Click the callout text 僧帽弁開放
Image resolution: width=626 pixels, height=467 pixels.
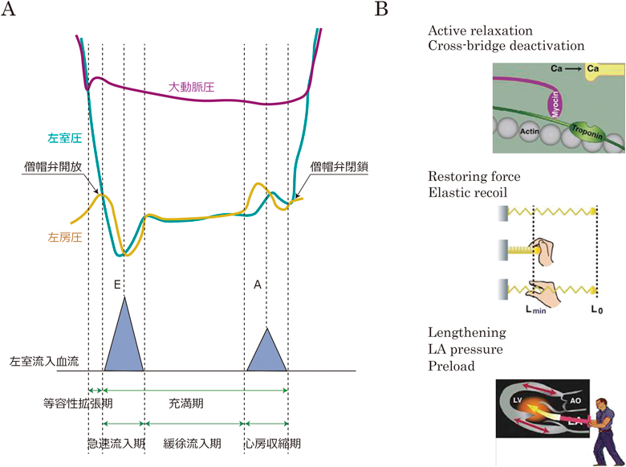click(x=52, y=168)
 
